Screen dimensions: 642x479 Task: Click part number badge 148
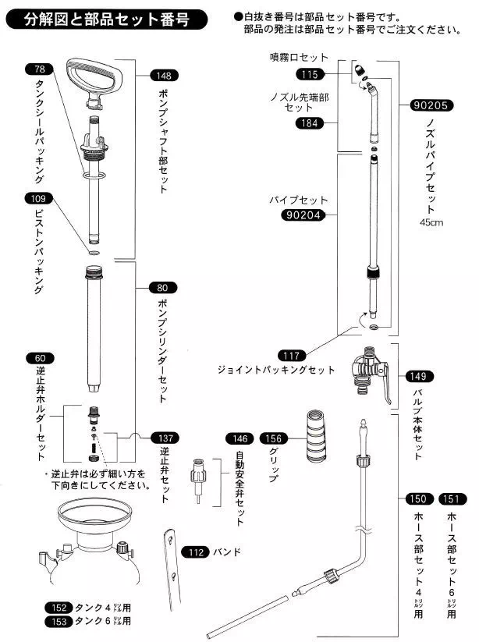[163, 76]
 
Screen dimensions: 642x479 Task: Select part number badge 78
[39, 69]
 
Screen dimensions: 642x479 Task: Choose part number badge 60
[39, 358]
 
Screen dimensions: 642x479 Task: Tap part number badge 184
[310, 122]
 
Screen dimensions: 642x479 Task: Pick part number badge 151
[454, 498]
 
